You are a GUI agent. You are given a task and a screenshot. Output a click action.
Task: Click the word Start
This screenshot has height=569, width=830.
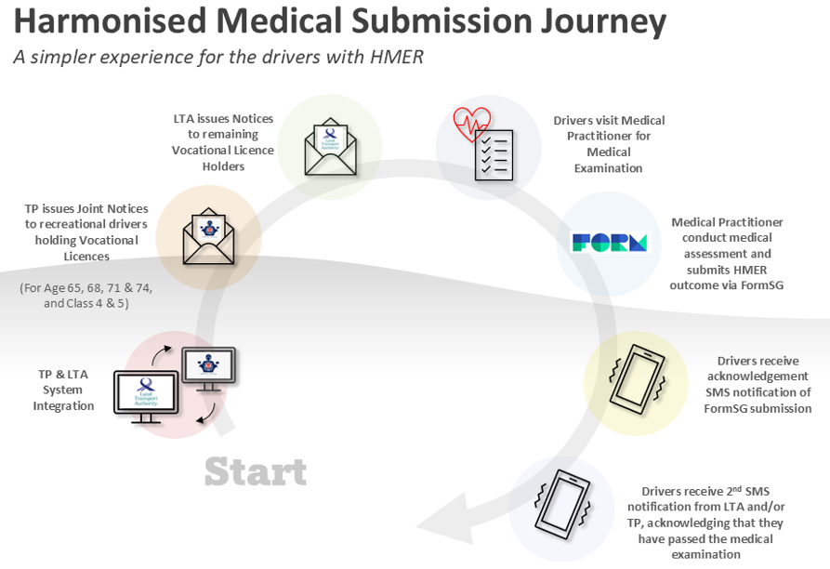click(255, 471)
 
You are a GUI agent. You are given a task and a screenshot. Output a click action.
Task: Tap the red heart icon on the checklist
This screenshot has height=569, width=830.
click(471, 124)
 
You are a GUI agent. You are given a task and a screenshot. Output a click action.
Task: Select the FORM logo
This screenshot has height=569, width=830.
click(609, 244)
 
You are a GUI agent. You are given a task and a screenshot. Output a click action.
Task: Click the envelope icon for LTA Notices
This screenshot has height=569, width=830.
click(330, 147)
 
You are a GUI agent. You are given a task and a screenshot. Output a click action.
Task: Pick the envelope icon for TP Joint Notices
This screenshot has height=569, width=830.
click(209, 234)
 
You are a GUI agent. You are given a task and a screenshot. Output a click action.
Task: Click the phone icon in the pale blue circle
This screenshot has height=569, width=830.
click(561, 503)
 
